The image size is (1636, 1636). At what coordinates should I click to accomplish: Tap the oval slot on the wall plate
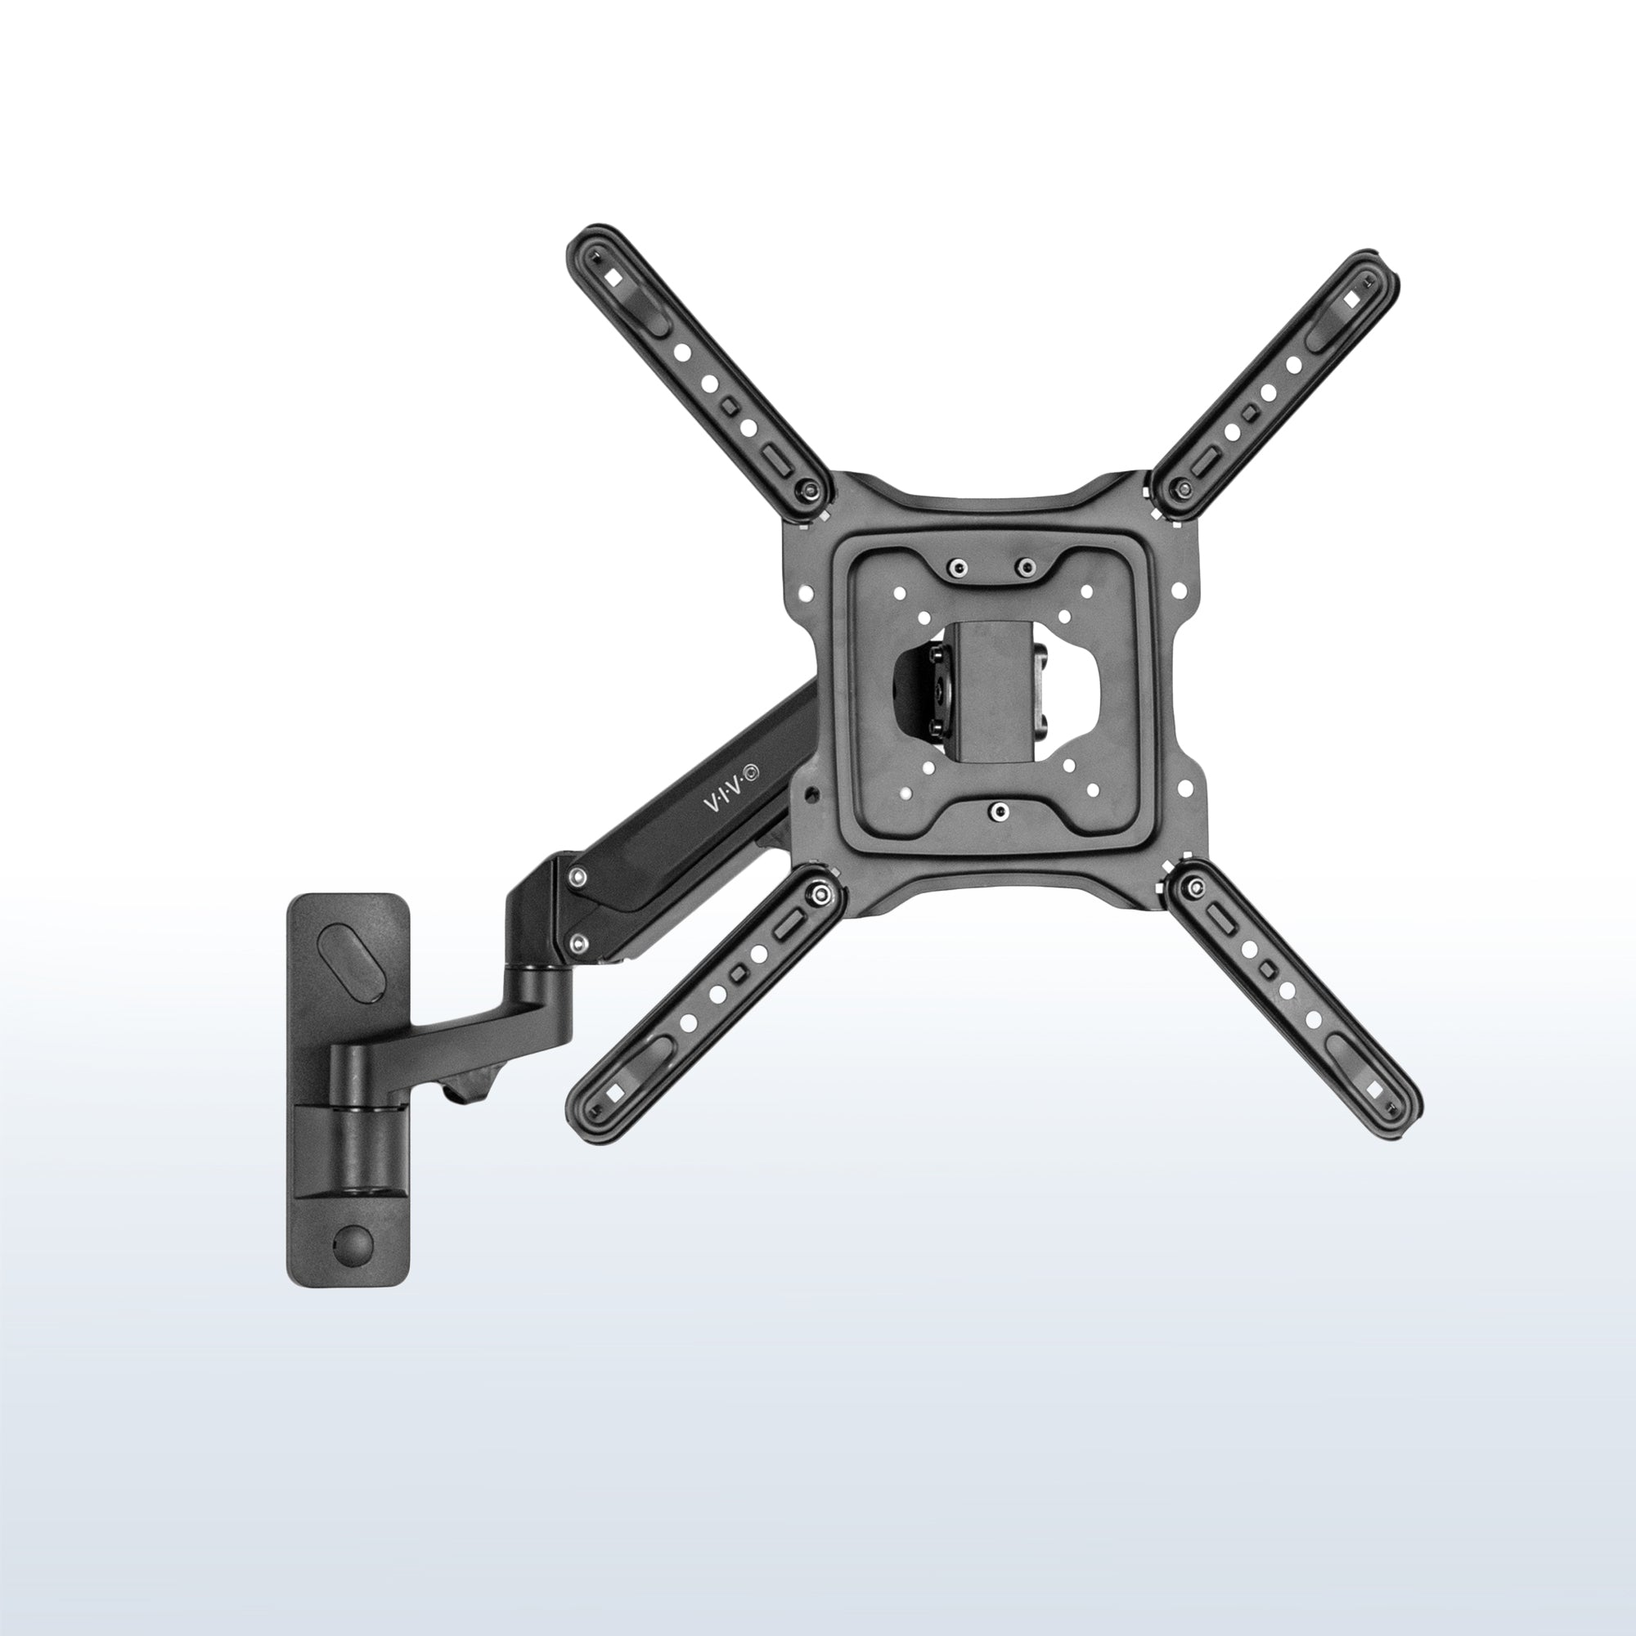click(348, 965)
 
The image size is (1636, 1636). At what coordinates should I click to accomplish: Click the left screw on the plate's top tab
click(957, 567)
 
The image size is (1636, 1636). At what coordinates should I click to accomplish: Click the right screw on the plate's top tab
click(1027, 566)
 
